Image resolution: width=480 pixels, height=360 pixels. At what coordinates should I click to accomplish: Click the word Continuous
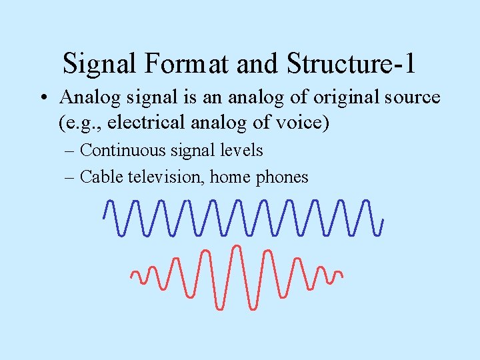121,151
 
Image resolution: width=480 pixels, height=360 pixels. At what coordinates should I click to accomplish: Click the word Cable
99,177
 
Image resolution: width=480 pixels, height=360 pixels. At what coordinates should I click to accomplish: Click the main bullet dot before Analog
42,98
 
